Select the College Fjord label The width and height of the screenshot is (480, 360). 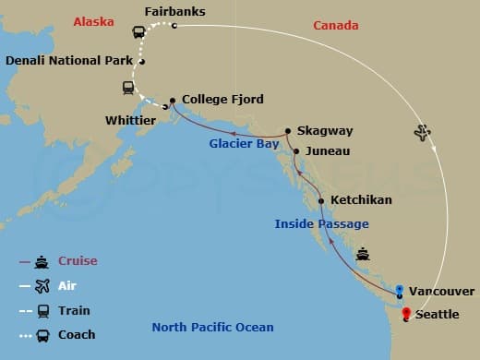click(224, 99)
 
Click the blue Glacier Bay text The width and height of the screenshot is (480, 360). click(245, 144)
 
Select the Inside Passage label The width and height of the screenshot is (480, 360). click(321, 223)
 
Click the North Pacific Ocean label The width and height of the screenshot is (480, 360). click(212, 327)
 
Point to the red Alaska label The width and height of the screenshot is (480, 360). click(94, 18)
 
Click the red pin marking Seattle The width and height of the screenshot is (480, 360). click(405, 313)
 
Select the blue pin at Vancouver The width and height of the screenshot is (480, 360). click(399, 291)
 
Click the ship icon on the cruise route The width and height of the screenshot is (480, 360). click(364, 253)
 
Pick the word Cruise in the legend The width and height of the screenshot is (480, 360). click(78, 261)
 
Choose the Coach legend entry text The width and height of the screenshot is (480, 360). click(78, 334)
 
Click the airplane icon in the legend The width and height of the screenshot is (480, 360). click(42, 286)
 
